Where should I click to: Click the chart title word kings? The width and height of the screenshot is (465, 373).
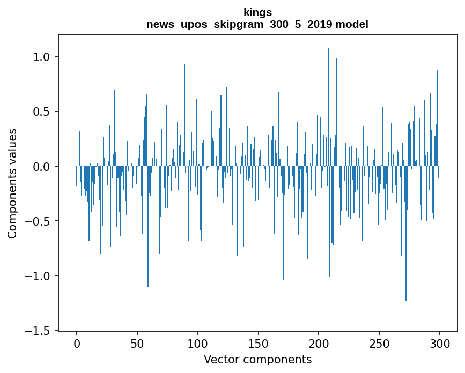pyautogui.click(x=257, y=12)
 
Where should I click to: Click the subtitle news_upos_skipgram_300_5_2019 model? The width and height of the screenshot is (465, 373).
pyautogui.click(x=257, y=24)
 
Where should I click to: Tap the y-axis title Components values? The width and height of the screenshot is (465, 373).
pyautogui.click(x=12, y=183)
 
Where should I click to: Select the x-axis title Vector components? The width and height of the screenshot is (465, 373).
pyautogui.click(x=257, y=360)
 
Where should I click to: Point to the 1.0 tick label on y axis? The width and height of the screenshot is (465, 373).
pyautogui.click(x=42, y=57)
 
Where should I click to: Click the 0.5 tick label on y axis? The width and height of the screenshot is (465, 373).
pyautogui.click(x=42, y=111)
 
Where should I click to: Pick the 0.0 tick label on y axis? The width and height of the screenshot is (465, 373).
pyautogui.click(x=42, y=167)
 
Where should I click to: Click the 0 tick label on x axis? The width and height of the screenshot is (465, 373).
pyautogui.click(x=77, y=344)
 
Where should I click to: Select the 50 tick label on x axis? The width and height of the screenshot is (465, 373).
pyautogui.click(x=137, y=344)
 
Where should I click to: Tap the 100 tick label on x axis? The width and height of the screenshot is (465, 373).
pyautogui.click(x=198, y=344)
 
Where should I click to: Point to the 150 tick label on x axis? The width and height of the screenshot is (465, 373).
pyautogui.click(x=259, y=344)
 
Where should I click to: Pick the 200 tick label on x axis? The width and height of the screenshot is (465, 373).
pyautogui.click(x=319, y=344)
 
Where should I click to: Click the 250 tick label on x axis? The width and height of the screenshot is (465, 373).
pyautogui.click(x=379, y=344)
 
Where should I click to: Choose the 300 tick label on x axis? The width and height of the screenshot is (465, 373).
pyautogui.click(x=440, y=344)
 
